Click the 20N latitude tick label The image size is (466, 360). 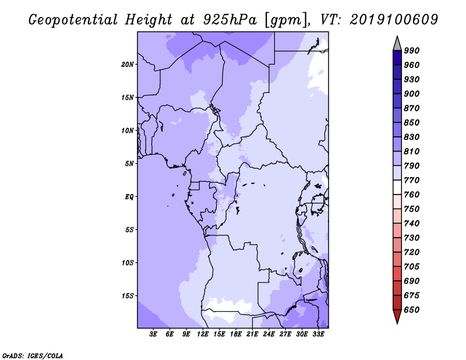[x=128, y=65]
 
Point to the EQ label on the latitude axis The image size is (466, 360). [x=129, y=197]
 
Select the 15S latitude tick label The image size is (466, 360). [x=128, y=296]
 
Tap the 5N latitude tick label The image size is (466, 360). [x=129, y=164]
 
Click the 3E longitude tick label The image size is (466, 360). [x=153, y=334]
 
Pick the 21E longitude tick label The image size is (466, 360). [x=252, y=334]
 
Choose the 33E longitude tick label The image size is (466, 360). [x=318, y=334]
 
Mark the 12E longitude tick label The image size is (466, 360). [x=203, y=334]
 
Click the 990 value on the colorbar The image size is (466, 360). [x=412, y=51]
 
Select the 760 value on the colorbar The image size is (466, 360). [x=412, y=195]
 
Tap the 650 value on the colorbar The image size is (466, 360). [x=412, y=310]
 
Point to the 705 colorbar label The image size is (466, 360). [x=412, y=266]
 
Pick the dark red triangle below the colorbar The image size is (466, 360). [x=397, y=315]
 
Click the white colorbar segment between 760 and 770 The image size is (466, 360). [x=397, y=188]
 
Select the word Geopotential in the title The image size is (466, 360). [x=73, y=20]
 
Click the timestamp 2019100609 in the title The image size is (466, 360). [x=394, y=19]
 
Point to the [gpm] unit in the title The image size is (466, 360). [x=287, y=20]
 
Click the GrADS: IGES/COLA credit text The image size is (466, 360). [x=33, y=355]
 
